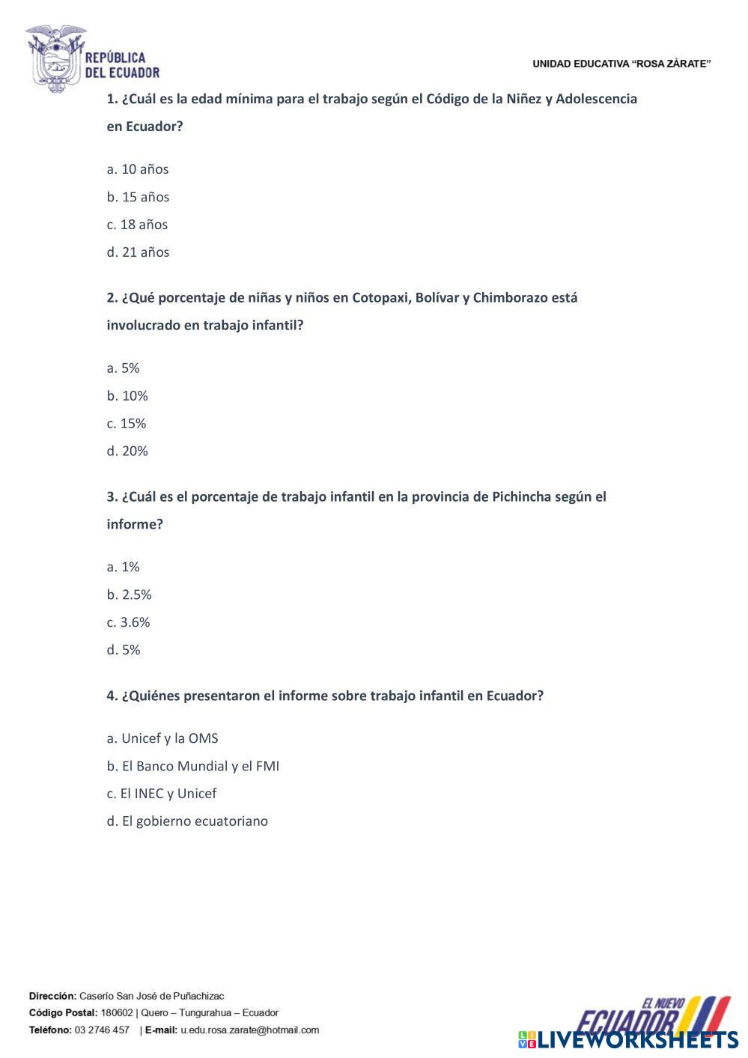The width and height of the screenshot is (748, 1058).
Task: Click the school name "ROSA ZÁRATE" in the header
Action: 672,64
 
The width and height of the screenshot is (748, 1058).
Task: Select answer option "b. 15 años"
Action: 138,197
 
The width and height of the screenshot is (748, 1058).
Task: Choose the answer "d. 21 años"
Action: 138,252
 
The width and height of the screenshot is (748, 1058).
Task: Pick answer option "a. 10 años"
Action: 138,169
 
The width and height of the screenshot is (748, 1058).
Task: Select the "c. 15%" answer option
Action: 127,424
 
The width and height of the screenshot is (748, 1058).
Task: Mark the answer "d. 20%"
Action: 127,452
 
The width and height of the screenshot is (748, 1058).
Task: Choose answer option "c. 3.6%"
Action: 128,622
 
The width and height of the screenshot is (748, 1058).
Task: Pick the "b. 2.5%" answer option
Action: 129,595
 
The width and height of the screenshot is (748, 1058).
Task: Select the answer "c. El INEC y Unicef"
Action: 162,794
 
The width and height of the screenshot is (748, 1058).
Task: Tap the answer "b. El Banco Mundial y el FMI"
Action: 192,766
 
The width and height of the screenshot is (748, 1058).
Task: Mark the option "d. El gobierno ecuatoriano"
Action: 187,821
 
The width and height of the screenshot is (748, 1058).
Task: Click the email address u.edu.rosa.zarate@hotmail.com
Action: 249,1030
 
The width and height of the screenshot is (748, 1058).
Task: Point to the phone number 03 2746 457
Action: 102,1030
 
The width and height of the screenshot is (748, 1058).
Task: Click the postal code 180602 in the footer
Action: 117,1013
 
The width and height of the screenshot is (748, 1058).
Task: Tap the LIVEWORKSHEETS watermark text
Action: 637,1040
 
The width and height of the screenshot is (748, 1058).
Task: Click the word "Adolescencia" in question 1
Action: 596,99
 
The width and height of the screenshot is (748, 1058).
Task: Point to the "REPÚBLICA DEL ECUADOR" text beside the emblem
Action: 122,65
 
